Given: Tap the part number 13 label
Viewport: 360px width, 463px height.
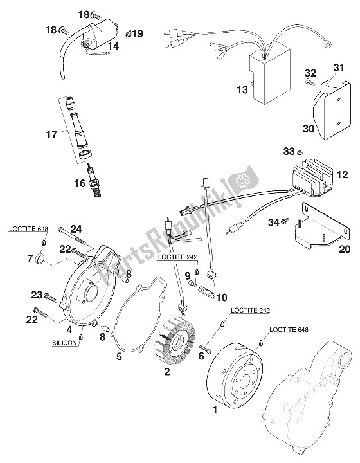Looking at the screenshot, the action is [242, 89].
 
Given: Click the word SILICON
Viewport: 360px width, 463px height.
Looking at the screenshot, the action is [64, 343].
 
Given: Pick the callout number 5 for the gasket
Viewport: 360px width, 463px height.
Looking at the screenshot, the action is [119, 356].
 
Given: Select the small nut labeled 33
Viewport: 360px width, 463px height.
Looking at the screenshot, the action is [300, 152].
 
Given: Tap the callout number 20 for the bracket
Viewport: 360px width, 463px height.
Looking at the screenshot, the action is [345, 249].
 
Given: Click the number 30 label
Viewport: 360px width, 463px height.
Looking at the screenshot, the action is [309, 129].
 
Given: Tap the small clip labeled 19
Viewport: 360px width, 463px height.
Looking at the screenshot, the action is [129, 34].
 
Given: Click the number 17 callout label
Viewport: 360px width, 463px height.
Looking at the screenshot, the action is [51, 134].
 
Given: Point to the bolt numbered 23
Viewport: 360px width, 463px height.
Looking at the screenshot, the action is [50, 296].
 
